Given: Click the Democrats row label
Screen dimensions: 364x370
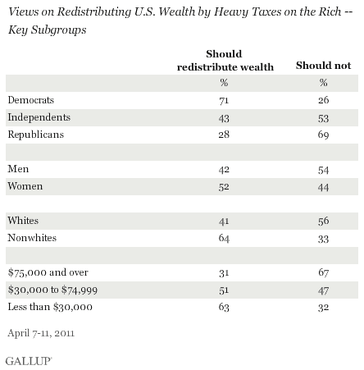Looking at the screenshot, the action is pyautogui.click(x=31, y=100).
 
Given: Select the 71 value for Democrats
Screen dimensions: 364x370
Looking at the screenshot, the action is pyautogui.click(x=224, y=101).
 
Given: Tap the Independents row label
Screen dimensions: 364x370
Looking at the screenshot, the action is pyautogui.click(x=39, y=117).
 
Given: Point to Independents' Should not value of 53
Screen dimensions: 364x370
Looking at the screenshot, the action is pyautogui.click(x=323, y=118).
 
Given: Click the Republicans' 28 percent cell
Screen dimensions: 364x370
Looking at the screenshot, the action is pyautogui.click(x=224, y=135).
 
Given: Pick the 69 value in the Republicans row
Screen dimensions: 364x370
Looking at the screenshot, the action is pyautogui.click(x=323, y=135).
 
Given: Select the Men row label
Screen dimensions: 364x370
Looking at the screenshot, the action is pyautogui.click(x=18, y=169).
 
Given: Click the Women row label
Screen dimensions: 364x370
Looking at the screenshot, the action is pyautogui.click(x=25, y=186).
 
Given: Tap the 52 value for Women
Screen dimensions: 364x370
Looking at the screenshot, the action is pyautogui.click(x=224, y=187).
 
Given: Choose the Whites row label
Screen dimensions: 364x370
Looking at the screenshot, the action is pyautogui.click(x=23, y=220).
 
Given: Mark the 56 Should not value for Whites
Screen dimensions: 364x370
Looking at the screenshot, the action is pyautogui.click(x=323, y=221).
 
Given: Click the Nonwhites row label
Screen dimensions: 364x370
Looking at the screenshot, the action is pyautogui.click(x=32, y=238).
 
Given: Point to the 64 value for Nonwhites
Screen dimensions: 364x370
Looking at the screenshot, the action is pyautogui.click(x=224, y=238).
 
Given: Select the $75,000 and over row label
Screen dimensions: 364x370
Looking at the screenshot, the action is pyautogui.click(x=48, y=272).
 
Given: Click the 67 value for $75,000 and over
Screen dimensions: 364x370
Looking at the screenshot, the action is pyautogui.click(x=323, y=272).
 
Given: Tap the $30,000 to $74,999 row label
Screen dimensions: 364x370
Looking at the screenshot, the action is pyautogui.click(x=52, y=290).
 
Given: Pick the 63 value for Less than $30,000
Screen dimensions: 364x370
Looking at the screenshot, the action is pyautogui.click(x=224, y=307).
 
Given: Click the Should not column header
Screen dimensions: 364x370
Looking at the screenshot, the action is pyautogui.click(x=323, y=66).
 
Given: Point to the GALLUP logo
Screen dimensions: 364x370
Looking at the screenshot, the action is pyautogui.click(x=29, y=361).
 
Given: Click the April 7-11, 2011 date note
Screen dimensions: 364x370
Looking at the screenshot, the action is pyautogui.click(x=41, y=333).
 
